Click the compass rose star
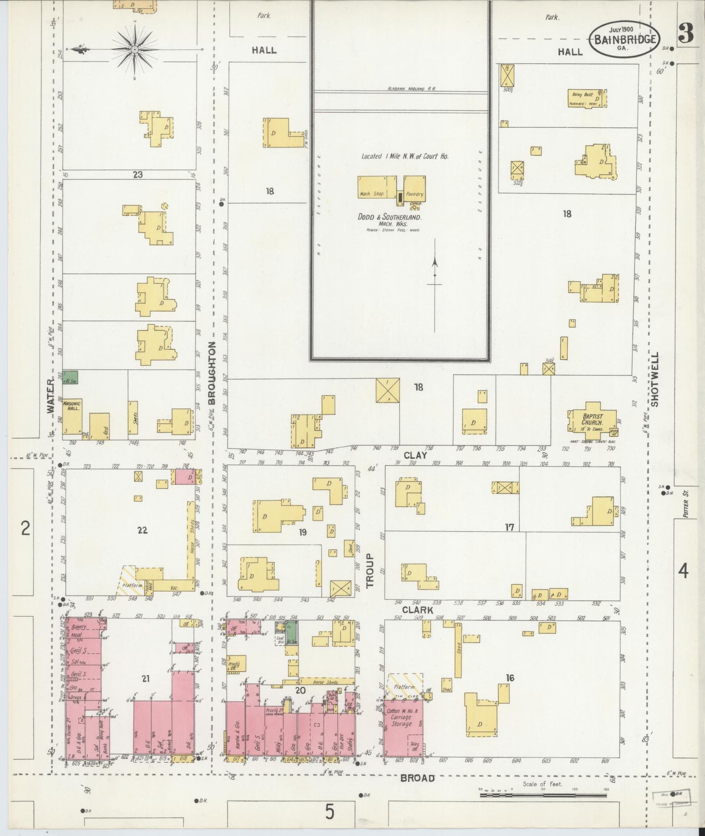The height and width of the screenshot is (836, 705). click(134, 49)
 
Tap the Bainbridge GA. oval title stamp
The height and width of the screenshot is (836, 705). click(625, 40)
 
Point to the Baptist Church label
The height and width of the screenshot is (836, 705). click(592, 419)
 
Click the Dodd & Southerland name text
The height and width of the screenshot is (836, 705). click(389, 217)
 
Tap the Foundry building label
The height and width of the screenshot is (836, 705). click(415, 194)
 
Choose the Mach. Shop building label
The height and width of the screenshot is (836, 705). click(372, 194)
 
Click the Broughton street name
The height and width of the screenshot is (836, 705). click(212, 373)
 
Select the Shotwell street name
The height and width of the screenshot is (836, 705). click(654, 379)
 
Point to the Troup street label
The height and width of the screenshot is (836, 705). click(369, 570)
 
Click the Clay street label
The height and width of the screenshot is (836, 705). click(415, 455)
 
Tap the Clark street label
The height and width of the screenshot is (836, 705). click(418, 610)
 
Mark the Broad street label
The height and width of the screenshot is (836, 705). click(417, 778)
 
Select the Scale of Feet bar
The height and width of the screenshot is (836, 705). click(543, 795)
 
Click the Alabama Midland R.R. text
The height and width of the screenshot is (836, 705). click(412, 89)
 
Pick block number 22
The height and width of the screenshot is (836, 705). click(142, 530)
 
